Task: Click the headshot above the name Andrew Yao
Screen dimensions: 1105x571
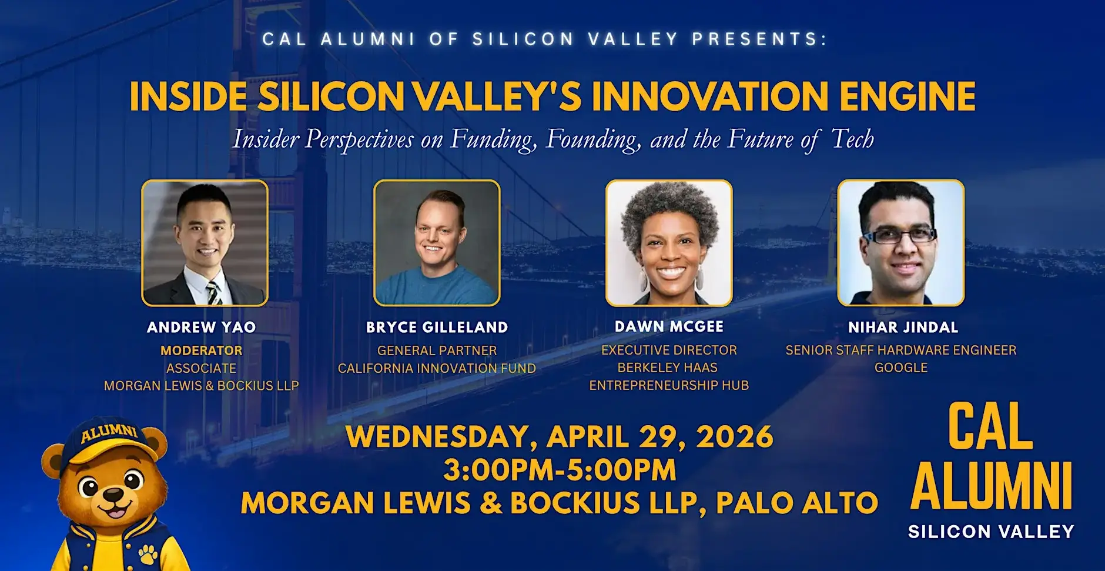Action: point(205,243)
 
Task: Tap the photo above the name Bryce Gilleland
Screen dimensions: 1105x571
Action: point(437,243)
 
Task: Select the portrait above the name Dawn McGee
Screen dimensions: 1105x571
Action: point(669,243)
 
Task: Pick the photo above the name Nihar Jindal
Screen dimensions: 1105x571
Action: point(901,243)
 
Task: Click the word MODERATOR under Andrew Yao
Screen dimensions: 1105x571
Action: point(202,350)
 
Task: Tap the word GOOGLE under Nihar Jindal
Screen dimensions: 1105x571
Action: point(901,368)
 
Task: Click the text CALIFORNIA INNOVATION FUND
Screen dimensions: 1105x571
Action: point(437,368)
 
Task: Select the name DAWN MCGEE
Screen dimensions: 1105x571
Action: point(669,326)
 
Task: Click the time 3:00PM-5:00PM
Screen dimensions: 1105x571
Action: point(560,470)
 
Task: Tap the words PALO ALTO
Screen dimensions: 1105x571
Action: point(798,503)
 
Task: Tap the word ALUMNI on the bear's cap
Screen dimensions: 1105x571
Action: point(109,433)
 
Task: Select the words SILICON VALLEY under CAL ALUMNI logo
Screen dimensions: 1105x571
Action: point(991,532)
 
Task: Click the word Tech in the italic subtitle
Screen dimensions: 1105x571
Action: point(853,139)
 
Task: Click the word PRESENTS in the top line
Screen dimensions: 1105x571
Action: point(759,39)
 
